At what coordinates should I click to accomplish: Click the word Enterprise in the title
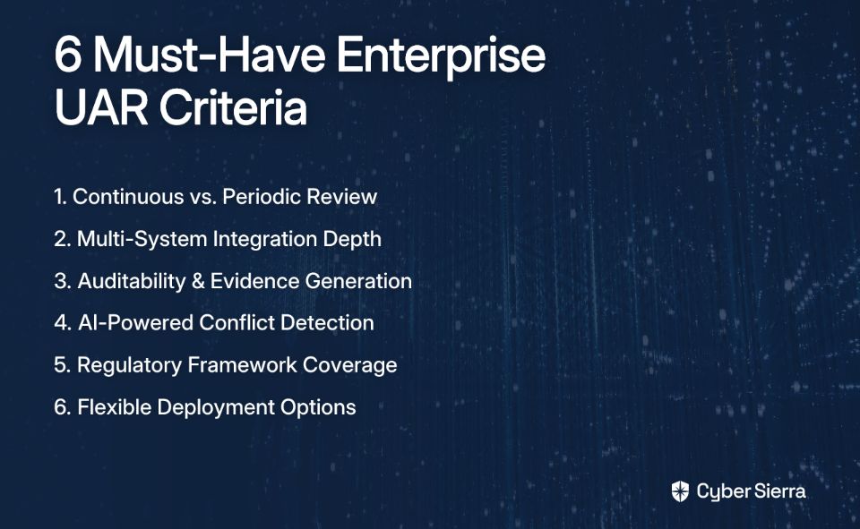(x=441, y=55)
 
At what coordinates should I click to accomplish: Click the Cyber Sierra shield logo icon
(x=680, y=491)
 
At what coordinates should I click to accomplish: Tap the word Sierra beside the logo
(x=778, y=491)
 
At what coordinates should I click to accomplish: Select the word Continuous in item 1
(x=128, y=197)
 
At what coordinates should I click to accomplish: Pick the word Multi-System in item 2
(x=142, y=240)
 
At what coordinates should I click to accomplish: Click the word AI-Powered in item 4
(x=135, y=323)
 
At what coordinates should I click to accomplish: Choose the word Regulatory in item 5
(x=129, y=365)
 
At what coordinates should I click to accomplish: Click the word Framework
(x=243, y=365)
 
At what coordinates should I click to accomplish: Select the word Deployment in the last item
(x=216, y=408)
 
